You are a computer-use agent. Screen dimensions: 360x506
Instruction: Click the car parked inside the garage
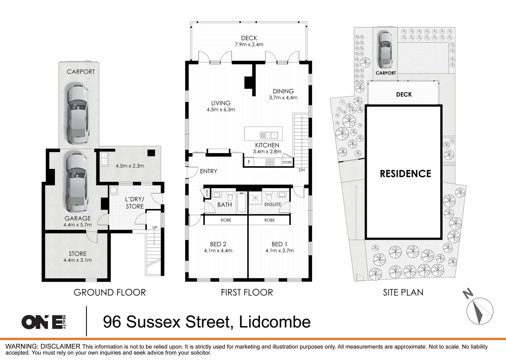tap(77, 183)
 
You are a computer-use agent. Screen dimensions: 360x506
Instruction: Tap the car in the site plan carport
tap(385, 50)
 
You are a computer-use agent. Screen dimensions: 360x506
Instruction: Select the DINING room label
tap(283, 91)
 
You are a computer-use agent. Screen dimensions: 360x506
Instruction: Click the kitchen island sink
tap(269, 135)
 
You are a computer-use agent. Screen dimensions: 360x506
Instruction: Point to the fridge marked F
tap(249, 162)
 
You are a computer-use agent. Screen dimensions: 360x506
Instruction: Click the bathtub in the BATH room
tap(242, 202)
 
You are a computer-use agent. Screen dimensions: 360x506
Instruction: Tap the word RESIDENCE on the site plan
tap(405, 174)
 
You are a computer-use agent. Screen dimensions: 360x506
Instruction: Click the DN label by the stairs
tap(301, 170)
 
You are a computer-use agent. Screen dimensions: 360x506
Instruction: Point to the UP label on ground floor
tap(155, 228)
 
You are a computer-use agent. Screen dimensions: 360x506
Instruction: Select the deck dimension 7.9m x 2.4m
tap(249, 44)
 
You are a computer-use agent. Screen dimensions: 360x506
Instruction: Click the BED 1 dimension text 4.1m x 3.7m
tap(279, 251)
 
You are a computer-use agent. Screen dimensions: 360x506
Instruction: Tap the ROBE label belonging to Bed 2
tap(226, 220)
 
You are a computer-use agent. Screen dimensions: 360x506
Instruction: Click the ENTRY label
tap(209, 171)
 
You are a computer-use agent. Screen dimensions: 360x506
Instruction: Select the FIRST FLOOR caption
tap(247, 292)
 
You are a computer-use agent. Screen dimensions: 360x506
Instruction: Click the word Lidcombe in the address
tap(275, 322)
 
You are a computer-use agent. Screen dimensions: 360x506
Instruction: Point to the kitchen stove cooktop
tap(269, 162)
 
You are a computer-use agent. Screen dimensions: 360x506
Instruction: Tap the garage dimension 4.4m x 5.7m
tap(78, 225)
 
